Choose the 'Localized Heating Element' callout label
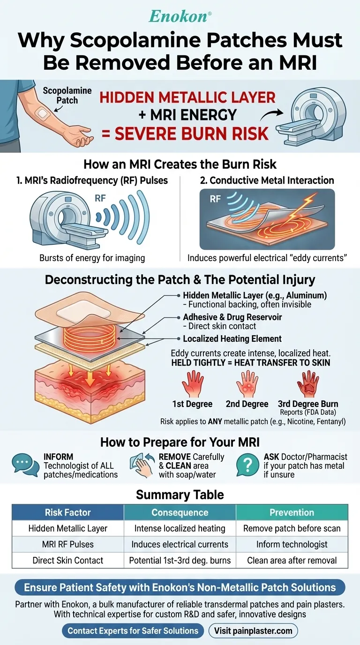tap(232, 339)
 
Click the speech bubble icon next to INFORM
tap(24, 464)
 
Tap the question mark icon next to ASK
tap(249, 464)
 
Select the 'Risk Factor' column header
tap(68, 512)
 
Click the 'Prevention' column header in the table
tap(292, 512)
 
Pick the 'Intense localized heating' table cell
tap(180, 528)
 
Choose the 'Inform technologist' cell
tap(292, 544)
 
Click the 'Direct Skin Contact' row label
tap(68, 560)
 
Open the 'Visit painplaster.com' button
tap(253, 630)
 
